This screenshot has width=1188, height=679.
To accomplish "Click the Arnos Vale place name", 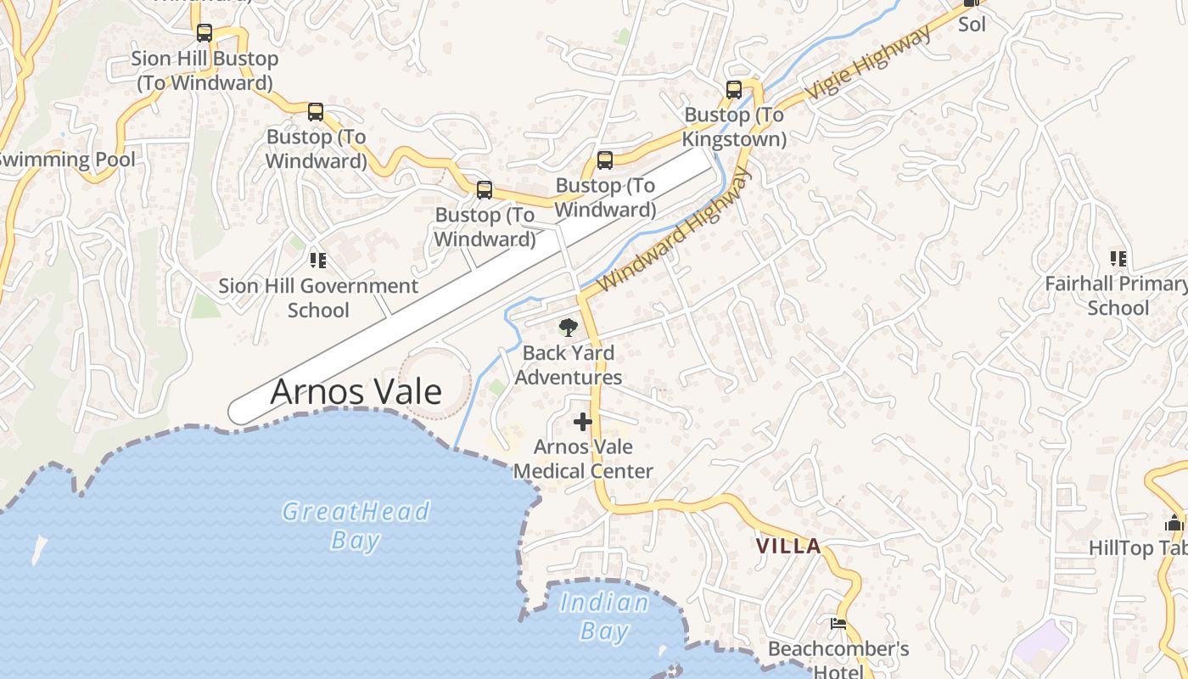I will point(356,391).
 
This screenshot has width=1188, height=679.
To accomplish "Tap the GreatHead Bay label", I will point(356,525).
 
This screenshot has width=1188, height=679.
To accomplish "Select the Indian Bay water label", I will point(604,616).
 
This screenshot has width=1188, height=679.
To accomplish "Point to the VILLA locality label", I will point(788,546).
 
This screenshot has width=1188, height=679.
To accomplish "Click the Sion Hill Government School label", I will point(318,298).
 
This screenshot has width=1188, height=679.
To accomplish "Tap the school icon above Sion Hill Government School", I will point(318,260).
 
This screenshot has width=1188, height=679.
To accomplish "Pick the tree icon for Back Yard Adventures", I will point(568,327).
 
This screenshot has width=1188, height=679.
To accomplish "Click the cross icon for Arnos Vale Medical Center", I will point(583,421).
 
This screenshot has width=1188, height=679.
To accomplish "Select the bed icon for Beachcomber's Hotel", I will point(838,624).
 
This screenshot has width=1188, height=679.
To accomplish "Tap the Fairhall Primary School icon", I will point(1118,258).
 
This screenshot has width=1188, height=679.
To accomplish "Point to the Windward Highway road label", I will point(675,230).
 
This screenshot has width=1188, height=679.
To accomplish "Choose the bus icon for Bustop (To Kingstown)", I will point(734,89).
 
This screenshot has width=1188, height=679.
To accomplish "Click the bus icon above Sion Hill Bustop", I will point(205,33).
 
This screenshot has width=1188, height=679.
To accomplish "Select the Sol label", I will point(972,24).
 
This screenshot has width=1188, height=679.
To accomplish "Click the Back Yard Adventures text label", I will point(568,365).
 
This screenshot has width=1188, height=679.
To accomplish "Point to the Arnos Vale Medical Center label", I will point(583,458).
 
